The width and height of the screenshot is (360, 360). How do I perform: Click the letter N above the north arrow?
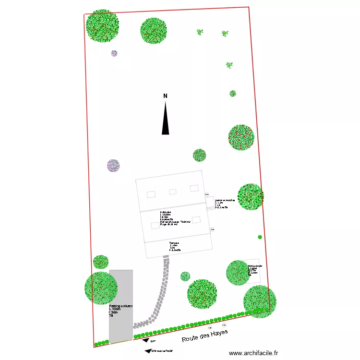click(x=165, y=96)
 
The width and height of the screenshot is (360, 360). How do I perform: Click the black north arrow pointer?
click(x=165, y=120)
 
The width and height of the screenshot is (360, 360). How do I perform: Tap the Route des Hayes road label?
click(x=204, y=336)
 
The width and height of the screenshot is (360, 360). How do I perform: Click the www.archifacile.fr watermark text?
click(x=253, y=353)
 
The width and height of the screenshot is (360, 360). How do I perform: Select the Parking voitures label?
click(x=120, y=306)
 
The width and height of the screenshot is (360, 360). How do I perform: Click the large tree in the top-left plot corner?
click(x=102, y=25)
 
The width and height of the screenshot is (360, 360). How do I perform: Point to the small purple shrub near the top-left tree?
click(x=114, y=53)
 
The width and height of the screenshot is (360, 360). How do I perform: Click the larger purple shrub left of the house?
click(x=113, y=166)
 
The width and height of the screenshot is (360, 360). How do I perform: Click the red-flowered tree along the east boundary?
click(x=240, y=137)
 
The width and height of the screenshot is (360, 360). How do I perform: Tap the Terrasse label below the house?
click(x=174, y=243)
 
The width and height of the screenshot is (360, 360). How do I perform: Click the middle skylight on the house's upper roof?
click(x=172, y=192)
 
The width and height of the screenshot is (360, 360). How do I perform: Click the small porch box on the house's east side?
click(x=210, y=204)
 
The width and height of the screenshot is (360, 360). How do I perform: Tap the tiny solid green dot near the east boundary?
click(x=260, y=237)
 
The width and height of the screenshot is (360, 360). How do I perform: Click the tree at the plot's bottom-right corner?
click(x=260, y=301)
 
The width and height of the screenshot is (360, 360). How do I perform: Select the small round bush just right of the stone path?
click(x=185, y=276)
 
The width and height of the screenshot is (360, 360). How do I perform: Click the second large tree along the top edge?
click(x=154, y=31)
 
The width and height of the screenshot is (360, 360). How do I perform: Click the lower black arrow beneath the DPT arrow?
click(x=147, y=351)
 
